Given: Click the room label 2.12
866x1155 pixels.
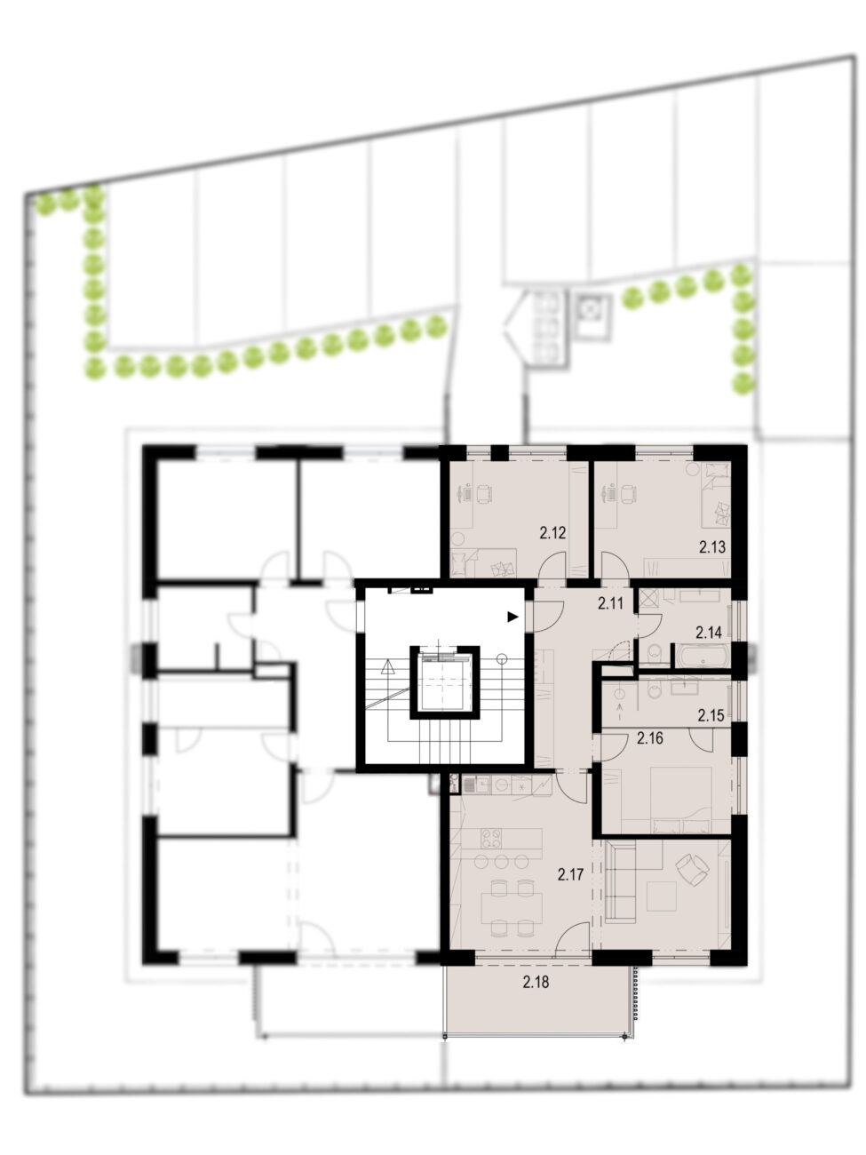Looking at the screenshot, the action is pos(552,533).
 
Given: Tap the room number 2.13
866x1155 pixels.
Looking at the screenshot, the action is pos(712,547).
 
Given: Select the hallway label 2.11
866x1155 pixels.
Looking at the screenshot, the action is pos(610,603).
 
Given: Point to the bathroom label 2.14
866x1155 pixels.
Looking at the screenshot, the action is pos(708,633).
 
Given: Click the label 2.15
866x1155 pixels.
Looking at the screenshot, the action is pos(711,715).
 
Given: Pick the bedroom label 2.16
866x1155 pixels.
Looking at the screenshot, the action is pos(650,738).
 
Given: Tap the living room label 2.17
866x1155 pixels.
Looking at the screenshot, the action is pos(570,875).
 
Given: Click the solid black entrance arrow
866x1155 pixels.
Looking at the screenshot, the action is pos(512,617).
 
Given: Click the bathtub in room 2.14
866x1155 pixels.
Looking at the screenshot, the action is pos(703,657).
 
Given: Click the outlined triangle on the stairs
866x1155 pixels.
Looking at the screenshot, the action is pos(387,668).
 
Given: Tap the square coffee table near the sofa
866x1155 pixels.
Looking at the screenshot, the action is pos(662,897).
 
